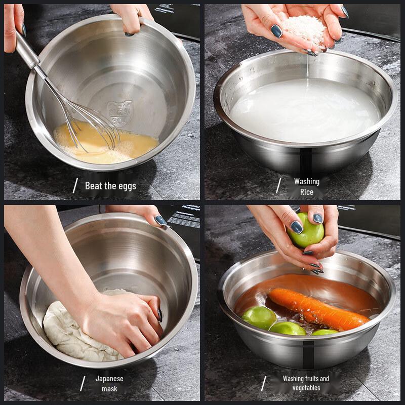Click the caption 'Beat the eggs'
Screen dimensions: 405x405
click(x=110, y=186)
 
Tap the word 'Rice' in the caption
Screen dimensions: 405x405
click(x=306, y=192)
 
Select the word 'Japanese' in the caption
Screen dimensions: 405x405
click(x=109, y=378)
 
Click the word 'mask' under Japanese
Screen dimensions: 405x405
click(x=109, y=389)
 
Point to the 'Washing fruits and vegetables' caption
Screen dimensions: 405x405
click(x=306, y=383)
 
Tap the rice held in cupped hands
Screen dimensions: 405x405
click(x=304, y=28)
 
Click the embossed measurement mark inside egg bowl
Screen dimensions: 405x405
click(x=119, y=112)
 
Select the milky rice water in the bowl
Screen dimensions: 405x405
click(x=304, y=111)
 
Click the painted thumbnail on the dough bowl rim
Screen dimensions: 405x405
click(x=160, y=220)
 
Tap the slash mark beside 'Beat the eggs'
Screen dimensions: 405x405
click(x=75, y=186)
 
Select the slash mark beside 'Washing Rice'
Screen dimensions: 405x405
click(x=278, y=186)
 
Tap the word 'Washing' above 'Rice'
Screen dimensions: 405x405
click(x=306, y=181)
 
